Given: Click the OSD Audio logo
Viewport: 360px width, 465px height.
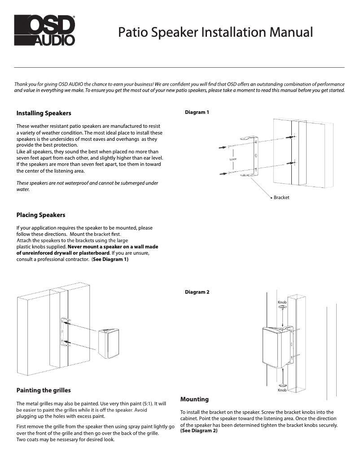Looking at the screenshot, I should tap(44, 30).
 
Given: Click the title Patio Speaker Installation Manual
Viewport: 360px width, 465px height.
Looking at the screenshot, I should tap(215, 32).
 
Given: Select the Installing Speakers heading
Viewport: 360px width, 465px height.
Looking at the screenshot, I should tap(44, 113).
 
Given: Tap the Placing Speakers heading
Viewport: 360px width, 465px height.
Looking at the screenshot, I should tap(41, 215).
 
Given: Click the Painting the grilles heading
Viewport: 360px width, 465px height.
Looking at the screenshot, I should tap(44, 390).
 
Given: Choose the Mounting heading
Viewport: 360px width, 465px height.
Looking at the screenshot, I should tap(194, 399).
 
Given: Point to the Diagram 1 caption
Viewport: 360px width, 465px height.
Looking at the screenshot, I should tap(197, 112).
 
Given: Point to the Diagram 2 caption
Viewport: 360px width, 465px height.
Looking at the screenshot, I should tap(197, 292).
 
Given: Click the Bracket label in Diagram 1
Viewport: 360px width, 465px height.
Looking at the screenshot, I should tap(281, 197).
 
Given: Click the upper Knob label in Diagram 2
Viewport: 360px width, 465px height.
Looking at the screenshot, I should tap(282, 303).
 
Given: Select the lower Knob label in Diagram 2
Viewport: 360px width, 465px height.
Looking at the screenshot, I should tap(282, 391).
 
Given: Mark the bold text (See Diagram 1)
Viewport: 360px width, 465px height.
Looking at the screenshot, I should tap(110, 259).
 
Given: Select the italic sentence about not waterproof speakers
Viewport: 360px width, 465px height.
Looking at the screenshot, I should tap(87, 186).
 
